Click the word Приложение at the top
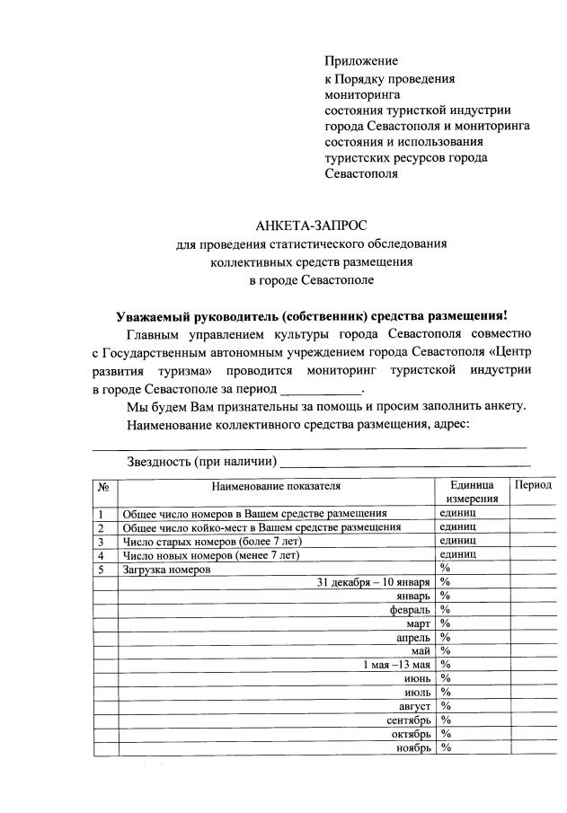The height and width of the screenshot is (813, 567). [360, 61]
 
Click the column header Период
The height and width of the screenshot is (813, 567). [533, 485]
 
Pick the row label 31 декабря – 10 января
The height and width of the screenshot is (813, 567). [374, 582]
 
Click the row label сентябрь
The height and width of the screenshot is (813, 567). [409, 720]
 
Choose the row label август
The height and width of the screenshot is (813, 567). [414, 706]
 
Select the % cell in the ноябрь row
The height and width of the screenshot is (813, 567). [445, 747]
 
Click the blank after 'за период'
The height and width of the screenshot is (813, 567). [320, 390]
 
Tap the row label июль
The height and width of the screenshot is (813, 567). [418, 693]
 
